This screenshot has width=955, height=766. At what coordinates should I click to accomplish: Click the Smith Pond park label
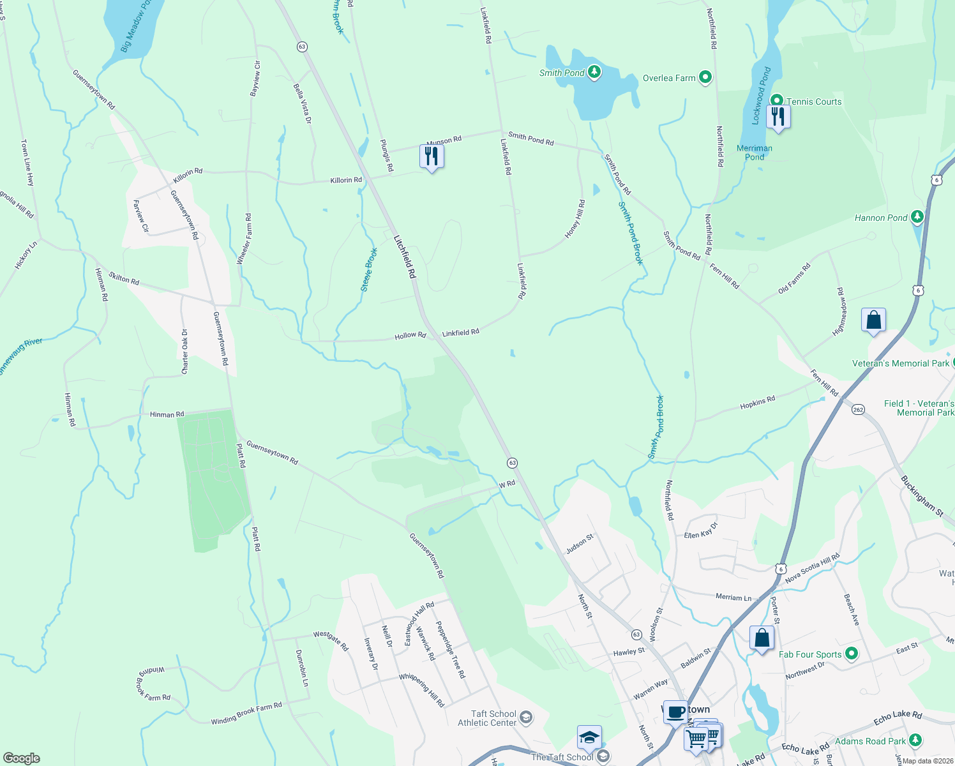click(562, 73)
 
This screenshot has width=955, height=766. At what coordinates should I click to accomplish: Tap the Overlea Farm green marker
click(705, 78)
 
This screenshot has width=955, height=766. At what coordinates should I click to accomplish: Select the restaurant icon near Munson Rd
click(432, 156)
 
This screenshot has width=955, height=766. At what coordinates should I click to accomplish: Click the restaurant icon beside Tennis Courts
click(778, 117)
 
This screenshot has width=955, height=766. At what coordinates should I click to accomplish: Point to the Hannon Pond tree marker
click(917, 218)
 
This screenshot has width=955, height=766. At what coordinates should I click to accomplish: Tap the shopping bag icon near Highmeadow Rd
click(873, 320)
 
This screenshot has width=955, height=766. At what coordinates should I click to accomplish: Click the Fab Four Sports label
click(810, 654)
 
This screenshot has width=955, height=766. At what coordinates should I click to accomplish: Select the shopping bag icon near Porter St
click(762, 638)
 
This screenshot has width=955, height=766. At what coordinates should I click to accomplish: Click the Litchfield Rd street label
click(405, 257)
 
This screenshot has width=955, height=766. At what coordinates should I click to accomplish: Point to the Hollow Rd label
click(410, 335)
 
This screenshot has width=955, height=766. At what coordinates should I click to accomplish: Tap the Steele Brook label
click(369, 270)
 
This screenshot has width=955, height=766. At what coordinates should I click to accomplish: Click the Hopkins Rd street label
click(757, 403)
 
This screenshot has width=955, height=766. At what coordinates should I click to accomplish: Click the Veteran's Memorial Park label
click(901, 363)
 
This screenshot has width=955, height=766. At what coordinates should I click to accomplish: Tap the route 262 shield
click(858, 410)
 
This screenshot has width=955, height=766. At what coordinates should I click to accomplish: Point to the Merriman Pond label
click(755, 153)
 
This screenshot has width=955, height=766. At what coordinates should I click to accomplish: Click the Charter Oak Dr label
click(185, 352)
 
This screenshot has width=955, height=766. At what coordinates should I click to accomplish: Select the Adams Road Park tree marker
click(915, 740)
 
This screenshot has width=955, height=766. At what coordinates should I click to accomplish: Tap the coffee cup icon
click(675, 712)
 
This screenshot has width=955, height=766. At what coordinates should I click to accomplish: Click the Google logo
click(22, 758)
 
